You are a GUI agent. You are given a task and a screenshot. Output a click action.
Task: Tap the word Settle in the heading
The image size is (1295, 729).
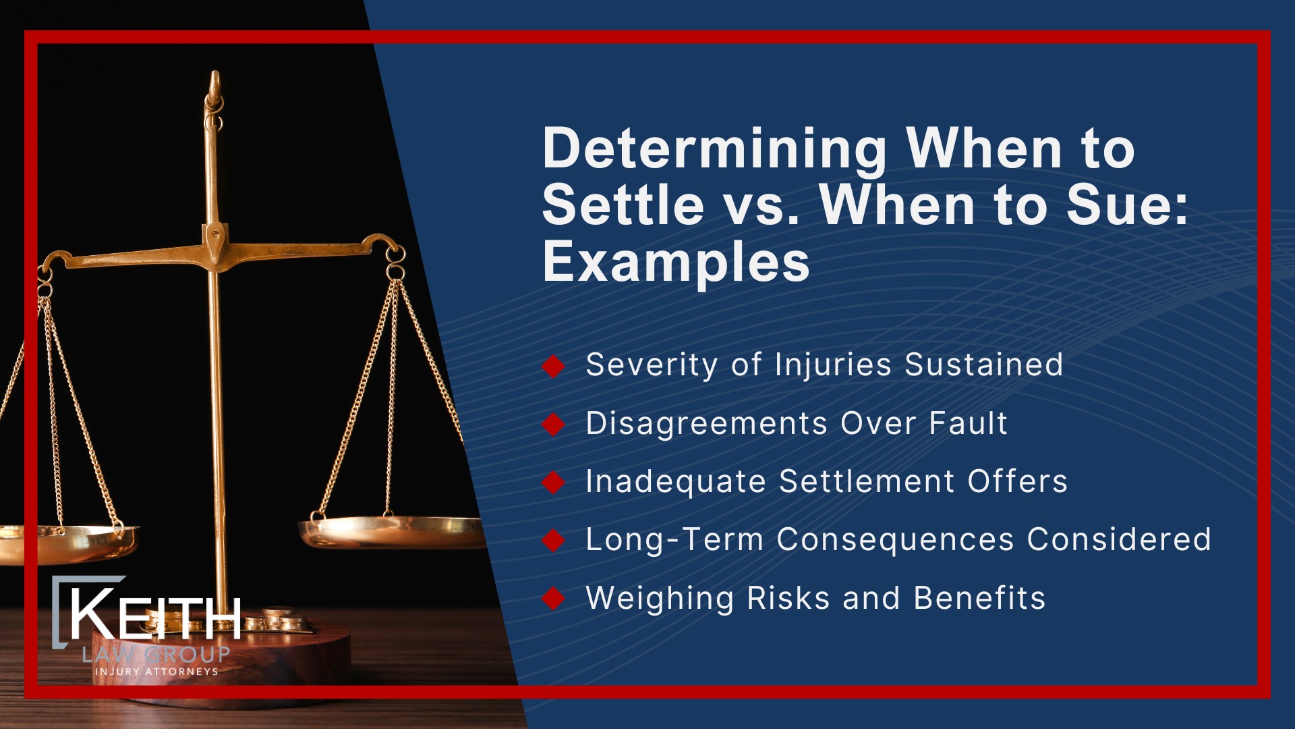pos(623,205)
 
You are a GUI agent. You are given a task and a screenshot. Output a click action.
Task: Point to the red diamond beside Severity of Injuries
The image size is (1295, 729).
pos(554,366)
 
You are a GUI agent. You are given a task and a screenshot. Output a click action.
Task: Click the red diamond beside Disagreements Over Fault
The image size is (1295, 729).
pos(554,424)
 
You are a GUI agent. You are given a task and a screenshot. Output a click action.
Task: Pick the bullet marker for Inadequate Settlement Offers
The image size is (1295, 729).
pos(554,482)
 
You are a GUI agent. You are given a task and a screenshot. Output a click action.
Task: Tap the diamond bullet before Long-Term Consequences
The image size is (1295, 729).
pos(554,540)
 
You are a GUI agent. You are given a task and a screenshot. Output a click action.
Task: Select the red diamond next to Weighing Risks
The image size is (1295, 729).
pos(554,598)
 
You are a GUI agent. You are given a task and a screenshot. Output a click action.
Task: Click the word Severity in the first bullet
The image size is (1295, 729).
pos(651,365)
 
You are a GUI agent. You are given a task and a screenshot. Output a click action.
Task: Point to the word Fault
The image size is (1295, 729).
pos(968,424)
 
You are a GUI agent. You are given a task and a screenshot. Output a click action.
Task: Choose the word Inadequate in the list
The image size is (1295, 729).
pos(675,482)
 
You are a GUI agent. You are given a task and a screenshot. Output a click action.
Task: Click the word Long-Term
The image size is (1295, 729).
pos(674,540)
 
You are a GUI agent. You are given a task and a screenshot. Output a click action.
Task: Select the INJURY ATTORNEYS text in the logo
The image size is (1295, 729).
pos(156,672)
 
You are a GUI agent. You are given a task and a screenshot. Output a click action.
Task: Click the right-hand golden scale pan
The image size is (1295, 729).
pos(391,530)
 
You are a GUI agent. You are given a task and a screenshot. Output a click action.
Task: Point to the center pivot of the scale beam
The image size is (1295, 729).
pos(215,236)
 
